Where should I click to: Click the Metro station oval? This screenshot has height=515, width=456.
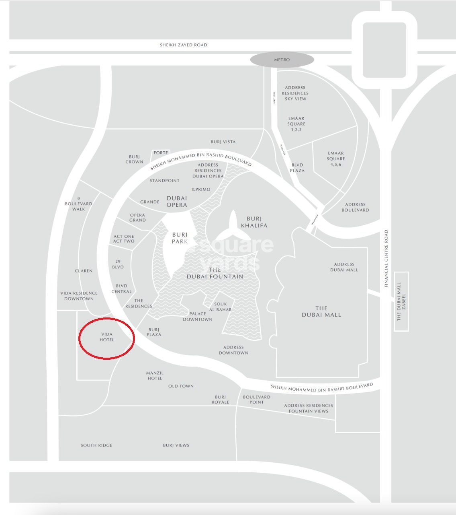pyautogui.click(x=282, y=60)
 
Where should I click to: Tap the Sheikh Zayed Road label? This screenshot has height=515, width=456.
pyautogui.click(x=184, y=45)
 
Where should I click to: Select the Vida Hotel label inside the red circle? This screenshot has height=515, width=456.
pyautogui.click(x=107, y=337)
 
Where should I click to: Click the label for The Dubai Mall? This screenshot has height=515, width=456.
pyautogui.click(x=321, y=312)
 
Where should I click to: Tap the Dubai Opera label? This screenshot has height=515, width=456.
pyautogui.click(x=177, y=201)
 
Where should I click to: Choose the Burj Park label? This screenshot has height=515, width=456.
pyautogui.click(x=180, y=238)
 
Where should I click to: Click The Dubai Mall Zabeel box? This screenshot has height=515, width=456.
pyautogui.click(x=401, y=301)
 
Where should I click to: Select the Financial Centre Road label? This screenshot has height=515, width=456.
pyautogui.click(x=386, y=258)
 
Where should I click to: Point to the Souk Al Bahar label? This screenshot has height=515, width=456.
pyautogui.click(x=221, y=307)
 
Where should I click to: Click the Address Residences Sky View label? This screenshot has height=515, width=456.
pyautogui.click(x=295, y=93)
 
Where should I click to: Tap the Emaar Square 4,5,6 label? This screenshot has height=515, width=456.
pyautogui.click(x=336, y=159)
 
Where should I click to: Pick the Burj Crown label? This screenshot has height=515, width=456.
pyautogui.click(x=134, y=159)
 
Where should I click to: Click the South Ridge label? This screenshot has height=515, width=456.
pyautogui.click(x=96, y=445)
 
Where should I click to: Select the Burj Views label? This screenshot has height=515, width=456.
pyautogui.click(x=176, y=445)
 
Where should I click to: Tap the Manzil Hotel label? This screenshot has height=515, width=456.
pyautogui.click(x=155, y=376)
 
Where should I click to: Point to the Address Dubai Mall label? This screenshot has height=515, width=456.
pyautogui.click(x=344, y=267)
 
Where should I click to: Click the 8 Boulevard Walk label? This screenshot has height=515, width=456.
pyautogui.click(x=79, y=204)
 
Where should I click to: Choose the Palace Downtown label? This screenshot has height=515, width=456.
pyautogui.click(x=198, y=317)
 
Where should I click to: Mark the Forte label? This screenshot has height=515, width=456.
pyautogui.click(x=161, y=153)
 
